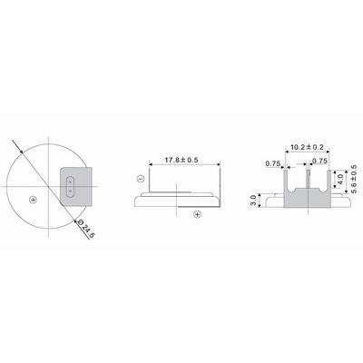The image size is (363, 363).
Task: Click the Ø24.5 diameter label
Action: click(85, 229)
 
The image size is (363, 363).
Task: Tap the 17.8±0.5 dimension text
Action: click(181, 160)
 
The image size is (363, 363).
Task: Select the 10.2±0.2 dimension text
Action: click(307, 147)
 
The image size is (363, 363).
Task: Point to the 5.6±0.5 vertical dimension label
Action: click(354, 179)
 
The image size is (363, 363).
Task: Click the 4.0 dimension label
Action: click(340, 180)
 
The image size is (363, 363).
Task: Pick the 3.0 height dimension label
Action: click(254, 201)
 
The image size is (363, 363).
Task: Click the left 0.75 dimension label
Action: click(273, 163)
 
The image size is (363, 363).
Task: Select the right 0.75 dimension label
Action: click(319, 162)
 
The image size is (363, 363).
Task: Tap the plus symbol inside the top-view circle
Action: click(33, 200)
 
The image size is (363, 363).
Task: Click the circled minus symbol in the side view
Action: click(141, 179)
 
